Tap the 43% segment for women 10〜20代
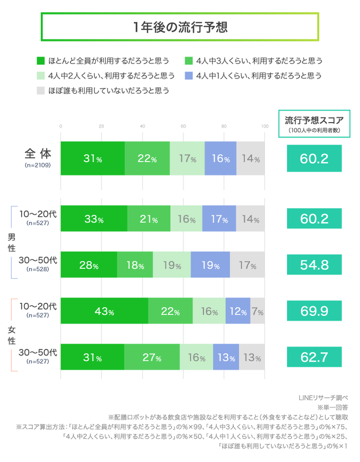pos(104,311)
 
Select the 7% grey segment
pos(257,311)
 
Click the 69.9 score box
pos(314,311)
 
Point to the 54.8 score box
pos(314,265)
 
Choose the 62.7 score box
pos(314,357)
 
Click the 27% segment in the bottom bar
pos(151,357)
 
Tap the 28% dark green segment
pos(89,265)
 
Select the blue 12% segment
pos(238,311)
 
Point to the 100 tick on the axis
pos(264,126)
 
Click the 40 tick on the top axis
pos(142,126)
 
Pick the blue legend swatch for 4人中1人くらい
pos(188,76)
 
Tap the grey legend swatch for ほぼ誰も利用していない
pos(40,91)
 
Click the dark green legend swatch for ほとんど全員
pos(40,61)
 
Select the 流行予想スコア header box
pos(314,123)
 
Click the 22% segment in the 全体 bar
pos(147,159)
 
